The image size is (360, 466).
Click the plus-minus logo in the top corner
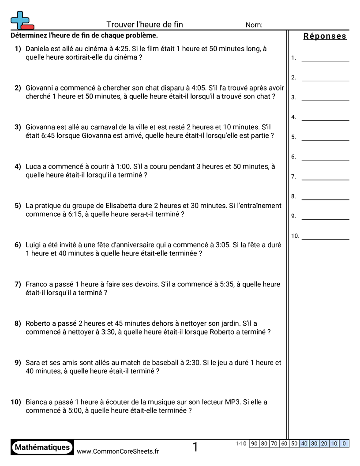22,20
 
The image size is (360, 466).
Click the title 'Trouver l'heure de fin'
145,25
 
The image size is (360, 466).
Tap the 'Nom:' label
254,25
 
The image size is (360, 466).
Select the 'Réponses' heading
325,36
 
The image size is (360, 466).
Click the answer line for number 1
325,58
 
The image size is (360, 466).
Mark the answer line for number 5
325,137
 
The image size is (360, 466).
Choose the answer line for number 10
325,236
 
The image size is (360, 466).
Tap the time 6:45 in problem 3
33,135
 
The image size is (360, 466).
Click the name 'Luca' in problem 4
33,166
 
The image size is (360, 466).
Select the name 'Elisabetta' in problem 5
122,206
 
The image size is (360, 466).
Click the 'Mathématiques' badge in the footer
42,447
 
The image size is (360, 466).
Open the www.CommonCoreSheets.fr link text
118,451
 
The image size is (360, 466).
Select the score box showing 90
254,443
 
